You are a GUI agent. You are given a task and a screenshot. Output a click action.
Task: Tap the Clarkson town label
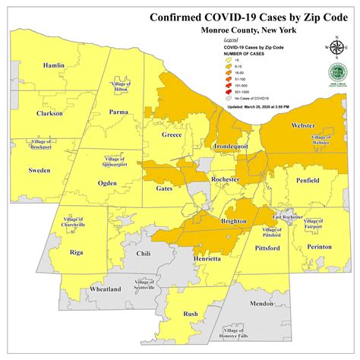coord(49,114)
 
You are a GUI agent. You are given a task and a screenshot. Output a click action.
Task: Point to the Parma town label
coord(118,113)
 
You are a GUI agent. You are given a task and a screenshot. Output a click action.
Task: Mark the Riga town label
coord(75,251)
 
